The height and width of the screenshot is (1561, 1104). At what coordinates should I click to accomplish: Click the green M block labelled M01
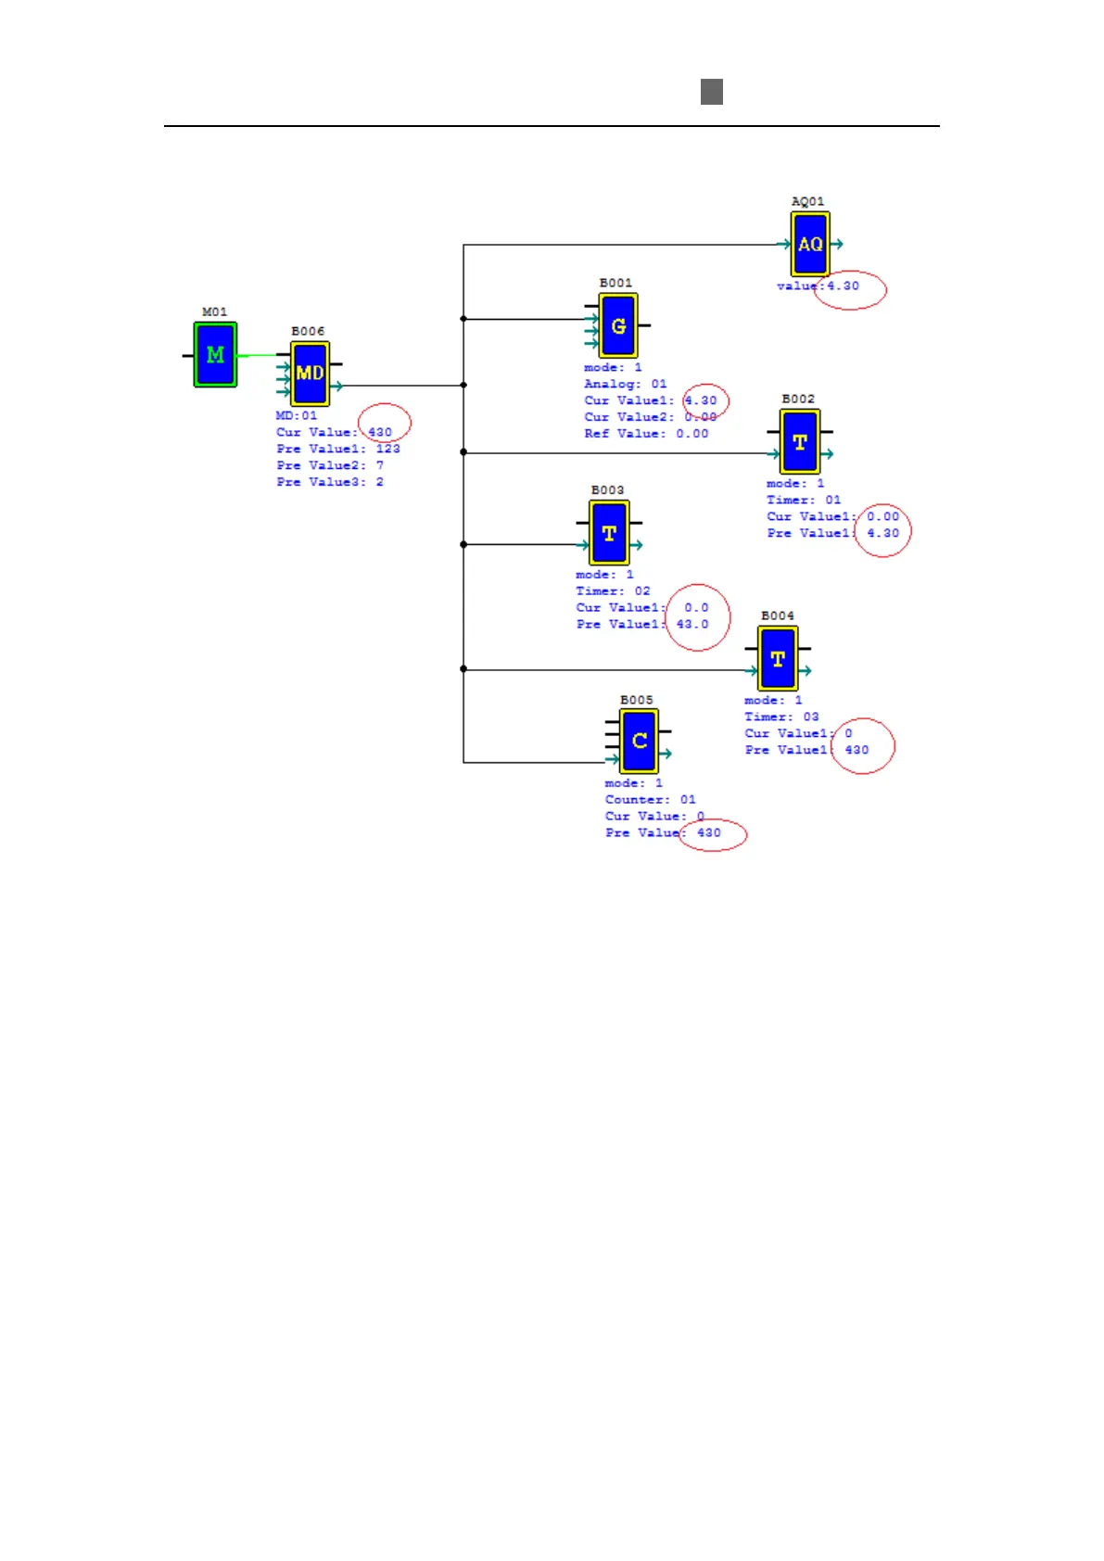215,354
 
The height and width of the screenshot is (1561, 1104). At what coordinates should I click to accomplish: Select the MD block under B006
310,373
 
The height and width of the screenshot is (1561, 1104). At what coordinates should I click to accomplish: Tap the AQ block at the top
809,244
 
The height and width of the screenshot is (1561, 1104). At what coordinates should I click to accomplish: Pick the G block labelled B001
618,325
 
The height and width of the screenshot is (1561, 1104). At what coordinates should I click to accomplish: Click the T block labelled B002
800,442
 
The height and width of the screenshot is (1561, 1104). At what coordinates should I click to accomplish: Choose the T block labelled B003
609,533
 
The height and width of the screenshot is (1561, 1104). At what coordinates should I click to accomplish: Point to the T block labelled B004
778,659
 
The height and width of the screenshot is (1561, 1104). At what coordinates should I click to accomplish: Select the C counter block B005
639,741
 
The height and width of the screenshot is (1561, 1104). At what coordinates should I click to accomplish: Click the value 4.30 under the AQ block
844,286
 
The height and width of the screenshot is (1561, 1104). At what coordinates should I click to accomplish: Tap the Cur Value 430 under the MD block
380,432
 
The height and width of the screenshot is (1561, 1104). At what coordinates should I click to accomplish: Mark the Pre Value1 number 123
387,449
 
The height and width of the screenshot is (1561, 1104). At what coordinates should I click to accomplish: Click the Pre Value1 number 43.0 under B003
692,624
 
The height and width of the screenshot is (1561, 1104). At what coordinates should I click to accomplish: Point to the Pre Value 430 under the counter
709,832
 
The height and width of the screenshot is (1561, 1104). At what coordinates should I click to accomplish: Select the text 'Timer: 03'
781,717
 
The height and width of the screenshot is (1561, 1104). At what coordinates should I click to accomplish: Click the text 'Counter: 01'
650,799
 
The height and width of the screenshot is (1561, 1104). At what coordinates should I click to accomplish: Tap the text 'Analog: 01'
625,384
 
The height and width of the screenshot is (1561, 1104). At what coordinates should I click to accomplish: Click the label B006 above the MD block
308,331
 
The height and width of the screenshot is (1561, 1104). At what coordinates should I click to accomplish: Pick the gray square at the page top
712,92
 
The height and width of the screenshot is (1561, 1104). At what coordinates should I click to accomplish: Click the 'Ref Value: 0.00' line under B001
646,433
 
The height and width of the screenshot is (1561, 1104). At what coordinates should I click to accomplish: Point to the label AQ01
807,201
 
